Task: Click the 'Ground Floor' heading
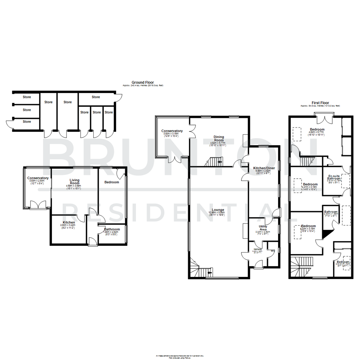142,82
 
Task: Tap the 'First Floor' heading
320,103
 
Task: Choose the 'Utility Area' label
263,228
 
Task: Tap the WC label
273,251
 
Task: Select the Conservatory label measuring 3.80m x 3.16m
172,131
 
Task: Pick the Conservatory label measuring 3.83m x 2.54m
38,178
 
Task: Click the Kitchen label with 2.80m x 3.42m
69,222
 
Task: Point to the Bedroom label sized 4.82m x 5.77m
317,129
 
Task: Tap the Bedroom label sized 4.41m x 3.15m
310,184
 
